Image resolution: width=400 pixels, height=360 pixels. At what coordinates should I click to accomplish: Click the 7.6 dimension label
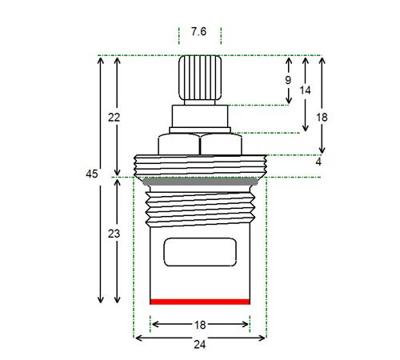[x=198, y=32]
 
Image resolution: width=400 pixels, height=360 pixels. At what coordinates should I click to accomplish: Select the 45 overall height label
[x=92, y=174]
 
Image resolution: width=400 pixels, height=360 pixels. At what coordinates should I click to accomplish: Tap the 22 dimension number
[x=114, y=118]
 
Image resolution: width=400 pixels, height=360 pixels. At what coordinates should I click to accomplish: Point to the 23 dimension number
[x=114, y=234]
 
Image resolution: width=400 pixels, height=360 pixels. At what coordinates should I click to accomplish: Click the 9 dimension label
[x=288, y=80]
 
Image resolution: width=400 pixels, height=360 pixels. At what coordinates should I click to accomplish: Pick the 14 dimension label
[x=305, y=90]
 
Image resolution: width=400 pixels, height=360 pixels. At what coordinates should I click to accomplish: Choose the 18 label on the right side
[x=322, y=118]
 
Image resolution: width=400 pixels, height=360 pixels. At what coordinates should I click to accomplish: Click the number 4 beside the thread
[x=318, y=162]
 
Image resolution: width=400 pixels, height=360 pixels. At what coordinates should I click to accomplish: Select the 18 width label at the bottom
[x=200, y=325]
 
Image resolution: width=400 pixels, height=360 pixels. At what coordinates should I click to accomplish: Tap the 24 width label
[x=200, y=345]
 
